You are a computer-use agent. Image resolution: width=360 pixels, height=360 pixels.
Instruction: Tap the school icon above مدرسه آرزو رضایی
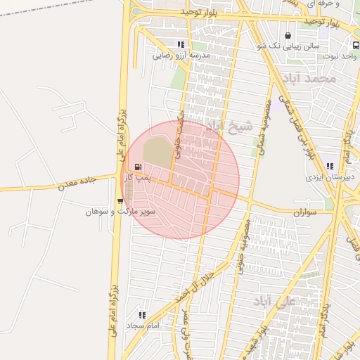click(181, 44)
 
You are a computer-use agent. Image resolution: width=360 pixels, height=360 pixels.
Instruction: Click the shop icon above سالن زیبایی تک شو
click(288, 36)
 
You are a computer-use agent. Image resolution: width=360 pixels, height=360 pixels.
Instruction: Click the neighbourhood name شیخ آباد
click(229, 129)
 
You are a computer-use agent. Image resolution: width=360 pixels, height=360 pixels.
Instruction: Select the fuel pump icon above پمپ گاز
click(137, 167)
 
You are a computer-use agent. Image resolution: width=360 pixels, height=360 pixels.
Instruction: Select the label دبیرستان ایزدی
click(328, 177)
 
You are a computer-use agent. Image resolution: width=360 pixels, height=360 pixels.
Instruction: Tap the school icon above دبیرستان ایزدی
click(330, 167)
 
